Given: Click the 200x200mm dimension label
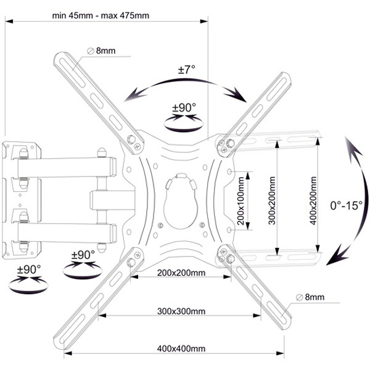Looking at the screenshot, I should click(x=181, y=272).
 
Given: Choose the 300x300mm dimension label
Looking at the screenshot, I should click(x=181, y=311).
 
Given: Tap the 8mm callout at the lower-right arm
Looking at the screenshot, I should click(x=314, y=297).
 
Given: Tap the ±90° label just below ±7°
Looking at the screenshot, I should click(x=184, y=108).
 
